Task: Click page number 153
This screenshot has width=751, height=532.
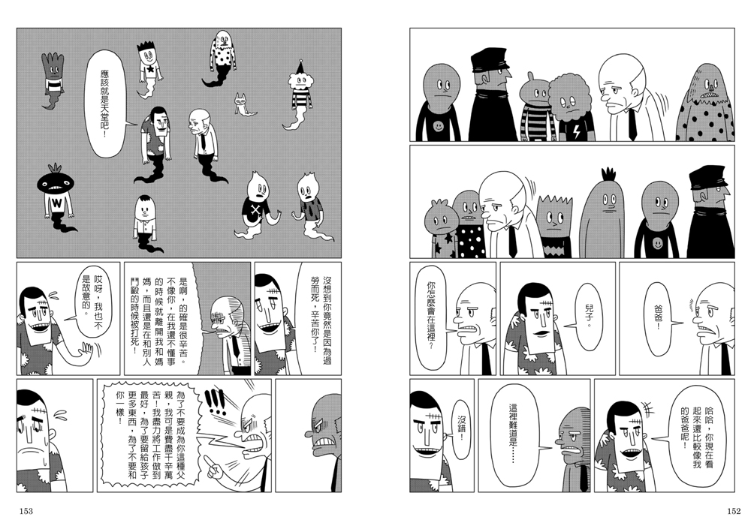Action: pos(26,511)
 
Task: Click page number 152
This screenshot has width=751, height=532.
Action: pos(733,511)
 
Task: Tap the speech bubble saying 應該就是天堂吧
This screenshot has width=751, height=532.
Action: pos(106,104)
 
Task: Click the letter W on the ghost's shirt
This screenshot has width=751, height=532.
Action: pos(57,203)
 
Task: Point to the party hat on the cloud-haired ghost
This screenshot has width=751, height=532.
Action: pos(300,66)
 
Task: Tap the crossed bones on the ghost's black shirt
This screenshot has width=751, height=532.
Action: pos(255,210)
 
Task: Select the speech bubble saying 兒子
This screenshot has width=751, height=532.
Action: pos(587,316)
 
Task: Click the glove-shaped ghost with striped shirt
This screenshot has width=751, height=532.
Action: pos(53,79)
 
